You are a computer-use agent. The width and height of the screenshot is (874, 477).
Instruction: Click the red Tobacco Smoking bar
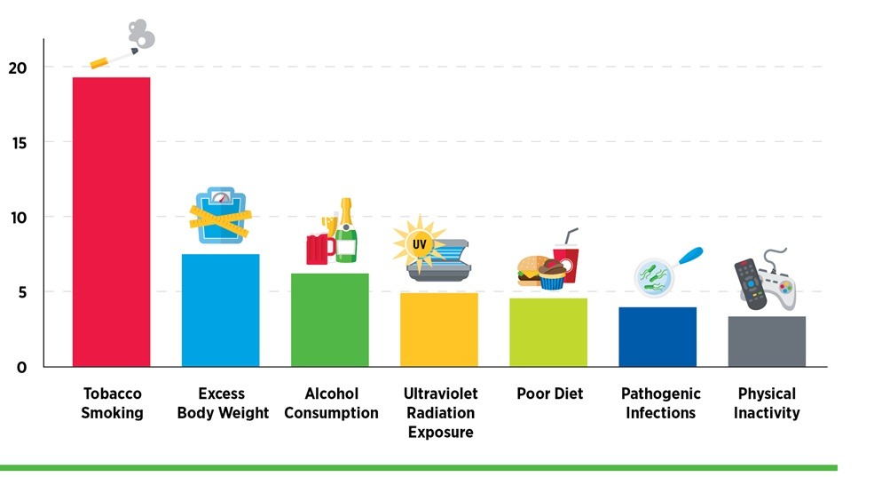tap(111, 222)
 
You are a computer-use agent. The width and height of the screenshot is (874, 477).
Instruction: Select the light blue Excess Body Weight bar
tap(220, 310)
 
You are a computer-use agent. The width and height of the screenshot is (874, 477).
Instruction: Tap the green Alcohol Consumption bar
tap(329, 320)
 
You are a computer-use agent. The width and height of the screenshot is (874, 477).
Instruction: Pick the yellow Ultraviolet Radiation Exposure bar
tap(438, 330)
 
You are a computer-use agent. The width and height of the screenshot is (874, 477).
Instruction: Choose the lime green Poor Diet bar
tap(547, 332)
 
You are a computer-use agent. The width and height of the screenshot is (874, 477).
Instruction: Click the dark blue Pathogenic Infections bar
tap(657, 337)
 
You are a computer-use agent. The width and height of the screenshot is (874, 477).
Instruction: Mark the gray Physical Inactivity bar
tap(767, 341)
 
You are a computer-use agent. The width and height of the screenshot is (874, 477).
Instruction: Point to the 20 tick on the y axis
tap(19, 68)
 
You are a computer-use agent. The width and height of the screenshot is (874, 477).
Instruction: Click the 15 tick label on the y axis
tap(19, 143)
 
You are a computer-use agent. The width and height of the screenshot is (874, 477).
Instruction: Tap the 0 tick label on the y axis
tap(22, 367)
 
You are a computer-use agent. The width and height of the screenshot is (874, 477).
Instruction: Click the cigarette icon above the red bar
tap(114, 59)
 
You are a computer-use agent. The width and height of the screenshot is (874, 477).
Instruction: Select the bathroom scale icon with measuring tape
tap(220, 216)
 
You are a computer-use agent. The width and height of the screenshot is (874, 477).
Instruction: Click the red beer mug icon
tap(319, 248)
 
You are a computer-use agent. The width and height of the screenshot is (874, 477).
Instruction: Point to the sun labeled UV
tap(414, 242)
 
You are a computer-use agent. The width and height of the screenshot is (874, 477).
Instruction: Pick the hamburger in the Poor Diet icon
tap(531, 270)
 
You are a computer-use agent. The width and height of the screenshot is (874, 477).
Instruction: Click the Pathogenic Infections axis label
tap(660, 403)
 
